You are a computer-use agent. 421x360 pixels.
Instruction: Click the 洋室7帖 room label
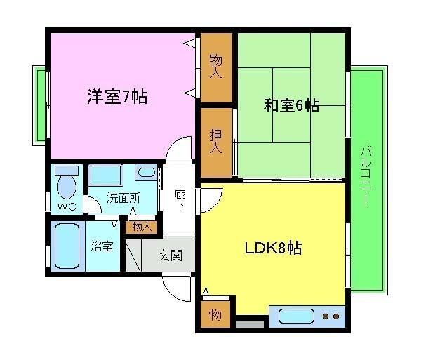[117, 98]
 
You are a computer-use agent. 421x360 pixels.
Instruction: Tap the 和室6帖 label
[291, 106]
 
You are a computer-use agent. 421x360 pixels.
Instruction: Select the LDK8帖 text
[273, 248]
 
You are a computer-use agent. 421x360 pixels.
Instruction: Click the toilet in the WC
[66, 184]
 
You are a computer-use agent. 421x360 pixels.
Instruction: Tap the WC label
[67, 206]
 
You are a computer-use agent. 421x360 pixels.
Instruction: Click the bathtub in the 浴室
[68, 244]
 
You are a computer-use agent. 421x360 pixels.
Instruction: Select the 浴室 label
[102, 246]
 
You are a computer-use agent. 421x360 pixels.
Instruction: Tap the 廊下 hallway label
[180, 200]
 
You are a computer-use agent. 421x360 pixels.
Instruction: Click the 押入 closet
[216, 141]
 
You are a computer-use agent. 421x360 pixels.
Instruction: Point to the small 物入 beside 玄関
[142, 226]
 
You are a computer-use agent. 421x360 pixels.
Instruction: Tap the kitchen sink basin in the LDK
[296, 316]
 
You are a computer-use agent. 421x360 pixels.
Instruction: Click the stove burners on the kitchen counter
[331, 316]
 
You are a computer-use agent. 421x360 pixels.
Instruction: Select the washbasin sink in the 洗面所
[147, 173]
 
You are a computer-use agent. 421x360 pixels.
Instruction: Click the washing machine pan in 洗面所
[106, 175]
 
